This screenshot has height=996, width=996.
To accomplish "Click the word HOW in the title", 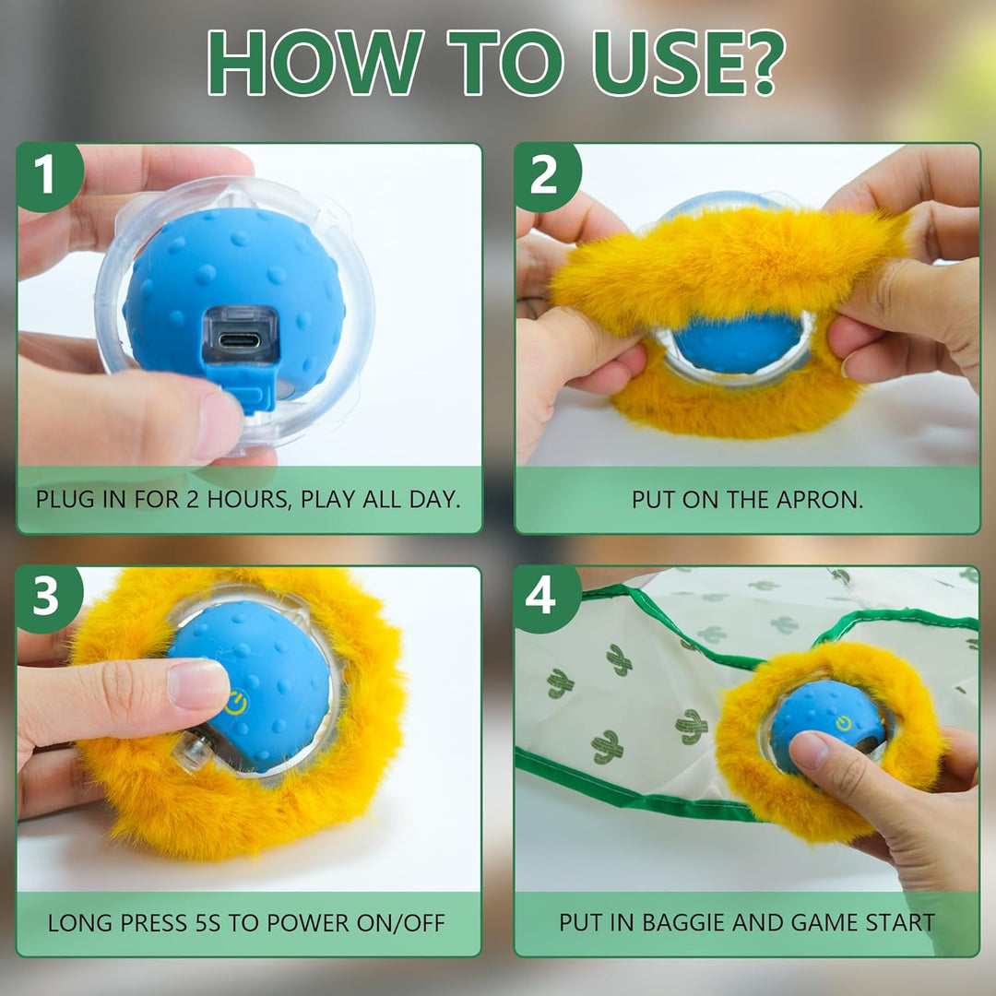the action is [x=314, y=63].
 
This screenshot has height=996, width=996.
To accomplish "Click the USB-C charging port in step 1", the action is [x=240, y=340].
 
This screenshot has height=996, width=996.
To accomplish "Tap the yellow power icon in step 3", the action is [x=236, y=703].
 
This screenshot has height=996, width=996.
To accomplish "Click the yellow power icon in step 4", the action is [x=844, y=723].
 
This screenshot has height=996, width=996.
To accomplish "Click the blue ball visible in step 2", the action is [x=737, y=342].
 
